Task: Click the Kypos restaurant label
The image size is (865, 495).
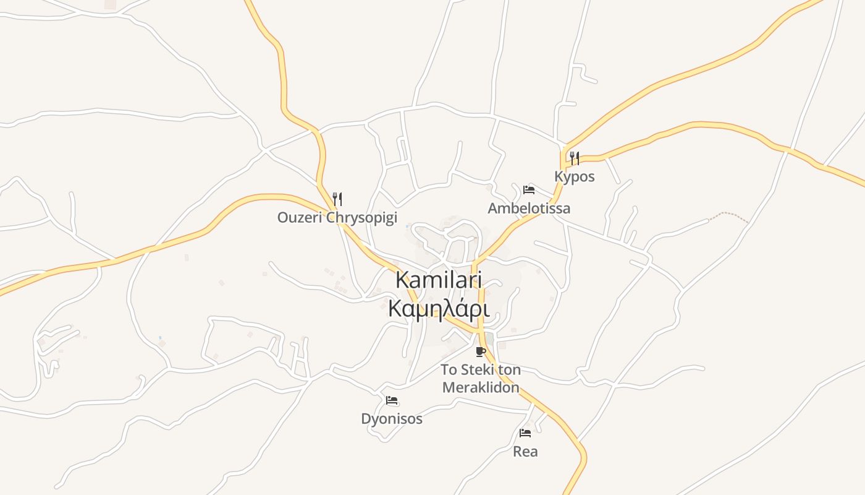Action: point(575,176)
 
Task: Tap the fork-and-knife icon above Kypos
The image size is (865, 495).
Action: point(575,158)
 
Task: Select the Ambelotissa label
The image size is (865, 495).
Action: point(529,208)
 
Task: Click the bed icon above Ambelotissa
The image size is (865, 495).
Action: point(529,189)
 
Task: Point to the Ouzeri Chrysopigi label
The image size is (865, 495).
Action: point(337,218)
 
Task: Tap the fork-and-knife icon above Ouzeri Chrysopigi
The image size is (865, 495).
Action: point(337,199)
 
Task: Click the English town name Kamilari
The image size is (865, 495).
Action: point(439,280)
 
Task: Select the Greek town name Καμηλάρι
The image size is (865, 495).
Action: point(439,308)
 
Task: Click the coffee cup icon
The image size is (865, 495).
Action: point(481,352)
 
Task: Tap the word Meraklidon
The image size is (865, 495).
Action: point(480,388)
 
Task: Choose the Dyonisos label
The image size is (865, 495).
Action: point(392,419)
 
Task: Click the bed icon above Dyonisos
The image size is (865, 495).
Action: point(392,400)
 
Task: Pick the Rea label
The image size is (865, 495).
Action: point(525,452)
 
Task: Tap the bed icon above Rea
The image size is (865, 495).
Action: point(525,433)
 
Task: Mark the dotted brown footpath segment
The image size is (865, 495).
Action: point(729,216)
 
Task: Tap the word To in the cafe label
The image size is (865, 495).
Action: point(449,370)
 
